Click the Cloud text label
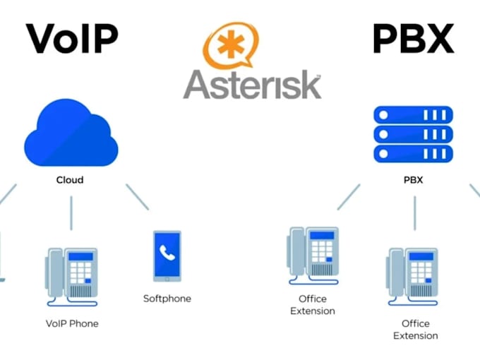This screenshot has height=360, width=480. (x=70, y=180)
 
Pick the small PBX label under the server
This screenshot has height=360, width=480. (x=413, y=180)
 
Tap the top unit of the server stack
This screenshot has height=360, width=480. (x=413, y=114)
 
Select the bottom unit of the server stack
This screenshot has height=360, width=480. (x=413, y=153)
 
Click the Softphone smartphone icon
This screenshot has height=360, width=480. (x=167, y=256)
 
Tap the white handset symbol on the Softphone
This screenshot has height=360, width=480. (x=167, y=252)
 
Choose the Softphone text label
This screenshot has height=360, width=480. (x=167, y=299)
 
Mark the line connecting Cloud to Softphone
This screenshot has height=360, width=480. (x=138, y=197)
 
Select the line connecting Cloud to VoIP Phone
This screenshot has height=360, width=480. (x=71, y=212)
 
